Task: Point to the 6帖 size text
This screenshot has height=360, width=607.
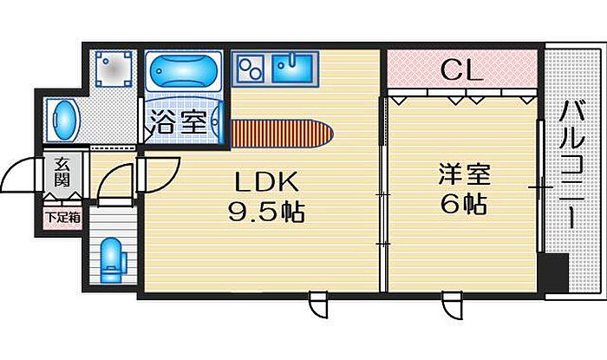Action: coord(462,205)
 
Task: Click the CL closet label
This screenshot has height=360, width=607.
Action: coord(461,70)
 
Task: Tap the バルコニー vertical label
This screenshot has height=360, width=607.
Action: coord(570,165)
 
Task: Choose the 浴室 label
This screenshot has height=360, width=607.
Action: coord(181,121)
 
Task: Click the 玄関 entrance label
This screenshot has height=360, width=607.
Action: coord(63,173)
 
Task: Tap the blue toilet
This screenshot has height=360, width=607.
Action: coord(111,258)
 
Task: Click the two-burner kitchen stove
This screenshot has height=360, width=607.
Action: coord(251,66)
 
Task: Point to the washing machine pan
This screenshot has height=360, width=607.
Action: coord(114,67)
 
